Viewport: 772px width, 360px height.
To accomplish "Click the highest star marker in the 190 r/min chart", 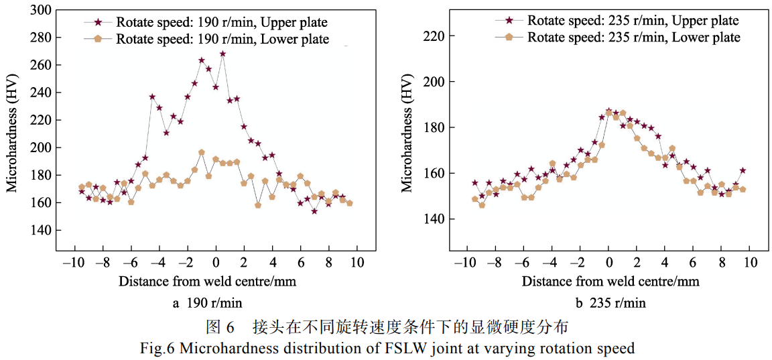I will (222, 54).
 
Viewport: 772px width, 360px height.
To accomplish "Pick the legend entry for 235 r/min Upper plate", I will (633, 20).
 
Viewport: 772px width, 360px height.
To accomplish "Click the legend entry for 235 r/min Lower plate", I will (633, 37).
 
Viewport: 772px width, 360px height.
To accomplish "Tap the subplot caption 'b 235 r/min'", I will (609, 303).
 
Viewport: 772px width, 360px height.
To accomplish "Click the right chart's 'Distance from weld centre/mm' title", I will (610, 281).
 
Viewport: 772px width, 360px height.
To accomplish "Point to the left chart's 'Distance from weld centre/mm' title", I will (207, 281).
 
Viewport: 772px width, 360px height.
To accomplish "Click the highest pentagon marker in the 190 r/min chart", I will (201, 153).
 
